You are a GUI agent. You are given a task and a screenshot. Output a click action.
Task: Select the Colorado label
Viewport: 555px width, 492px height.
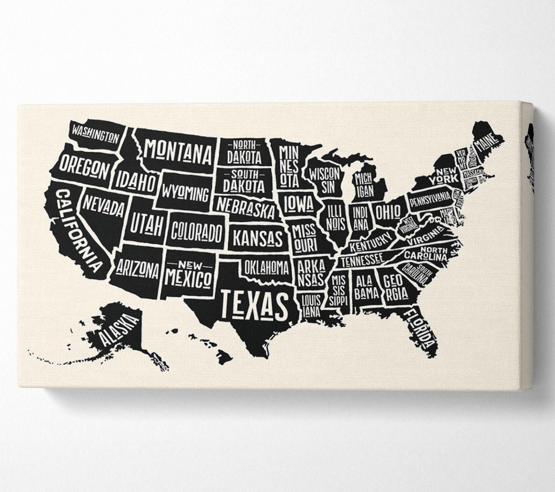(197, 232)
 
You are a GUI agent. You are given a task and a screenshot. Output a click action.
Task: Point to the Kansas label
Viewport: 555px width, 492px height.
(257, 239)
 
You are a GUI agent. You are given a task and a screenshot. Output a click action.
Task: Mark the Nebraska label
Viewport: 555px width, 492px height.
(246, 208)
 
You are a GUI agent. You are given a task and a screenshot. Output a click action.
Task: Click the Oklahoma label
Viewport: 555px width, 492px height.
(267, 266)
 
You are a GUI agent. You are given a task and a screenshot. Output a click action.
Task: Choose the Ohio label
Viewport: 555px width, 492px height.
(388, 212)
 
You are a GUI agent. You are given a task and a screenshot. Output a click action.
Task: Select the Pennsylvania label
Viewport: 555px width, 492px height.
(430, 199)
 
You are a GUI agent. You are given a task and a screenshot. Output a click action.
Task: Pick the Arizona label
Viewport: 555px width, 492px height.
(137, 269)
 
